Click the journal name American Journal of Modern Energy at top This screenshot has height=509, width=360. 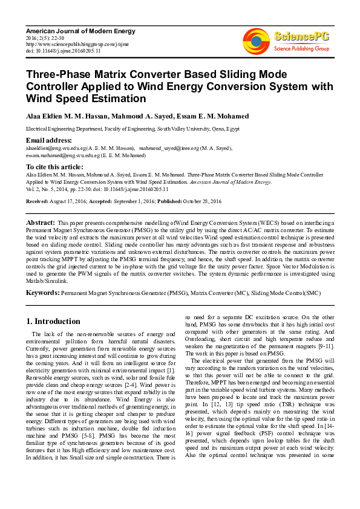tap(80, 31)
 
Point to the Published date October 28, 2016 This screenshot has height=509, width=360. tap(203, 200)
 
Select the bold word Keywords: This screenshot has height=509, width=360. tap(42, 293)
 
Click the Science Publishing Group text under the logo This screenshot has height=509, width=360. tap(301, 48)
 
